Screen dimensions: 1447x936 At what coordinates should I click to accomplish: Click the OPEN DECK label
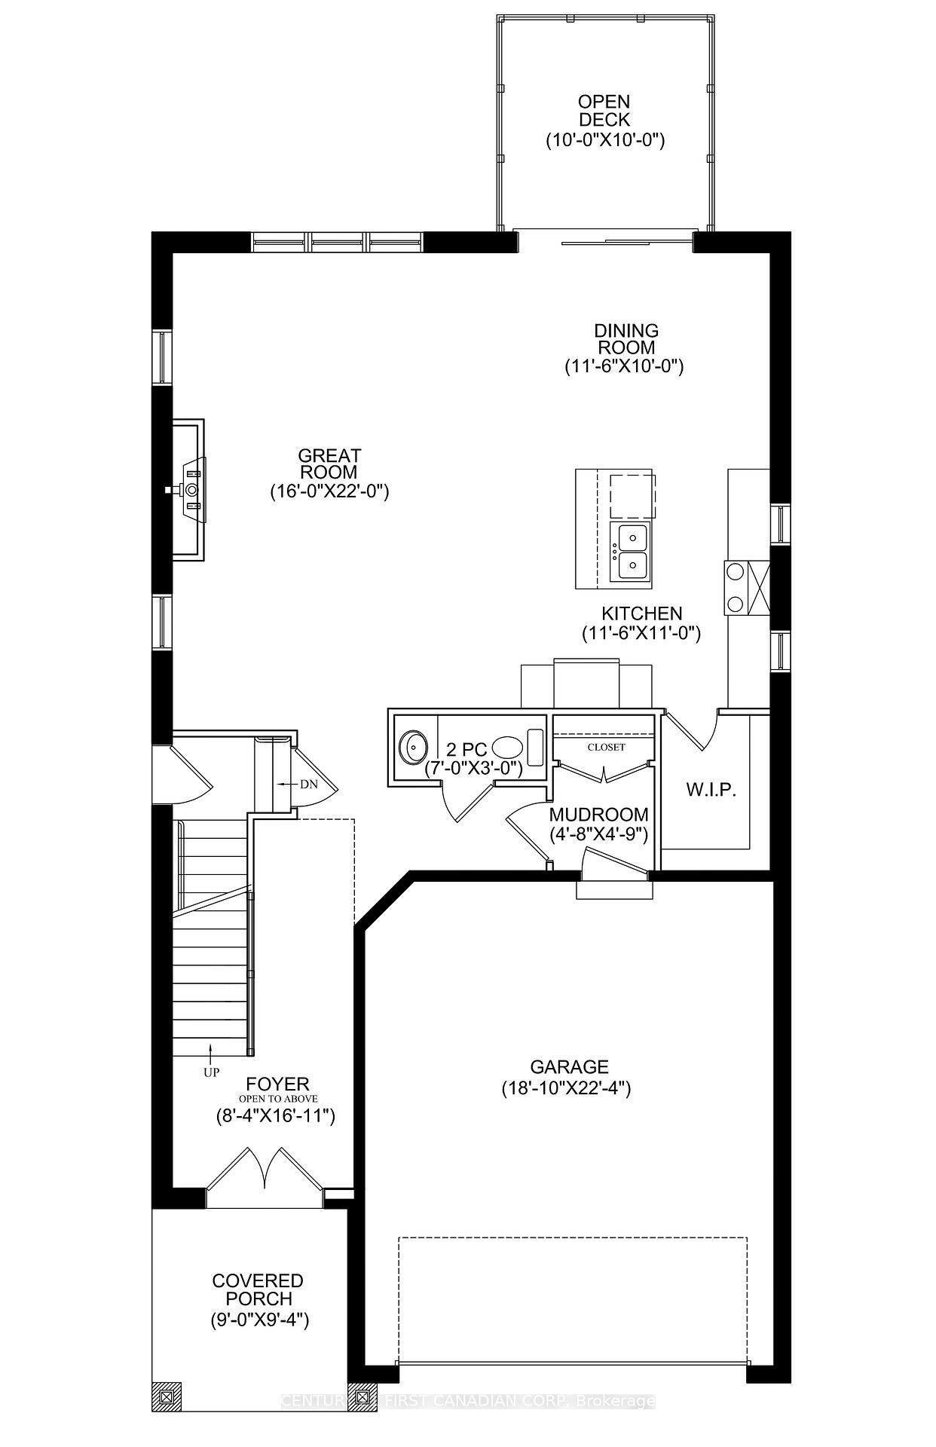point(604,111)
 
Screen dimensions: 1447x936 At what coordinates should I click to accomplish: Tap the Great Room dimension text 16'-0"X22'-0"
point(329,492)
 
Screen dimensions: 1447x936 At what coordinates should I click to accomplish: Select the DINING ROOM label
point(625,339)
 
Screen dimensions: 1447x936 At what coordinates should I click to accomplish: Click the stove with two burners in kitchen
point(734,587)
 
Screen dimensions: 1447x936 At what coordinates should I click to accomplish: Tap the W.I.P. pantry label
point(710,790)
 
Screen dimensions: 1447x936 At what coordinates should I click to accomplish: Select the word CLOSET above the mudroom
point(606,747)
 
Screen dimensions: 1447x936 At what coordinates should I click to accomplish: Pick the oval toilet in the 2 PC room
point(506,748)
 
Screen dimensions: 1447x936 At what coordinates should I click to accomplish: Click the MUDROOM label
point(598,815)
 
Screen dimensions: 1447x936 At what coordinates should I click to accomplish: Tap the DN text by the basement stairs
point(309,784)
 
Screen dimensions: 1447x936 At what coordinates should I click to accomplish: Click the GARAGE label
point(569,1066)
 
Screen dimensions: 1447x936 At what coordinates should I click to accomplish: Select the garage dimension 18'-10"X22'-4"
point(565,1088)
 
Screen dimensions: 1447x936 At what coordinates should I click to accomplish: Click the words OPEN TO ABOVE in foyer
point(274,1099)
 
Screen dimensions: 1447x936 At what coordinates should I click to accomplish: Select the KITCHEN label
point(641,613)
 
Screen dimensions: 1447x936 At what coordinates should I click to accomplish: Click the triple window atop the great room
point(338,241)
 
